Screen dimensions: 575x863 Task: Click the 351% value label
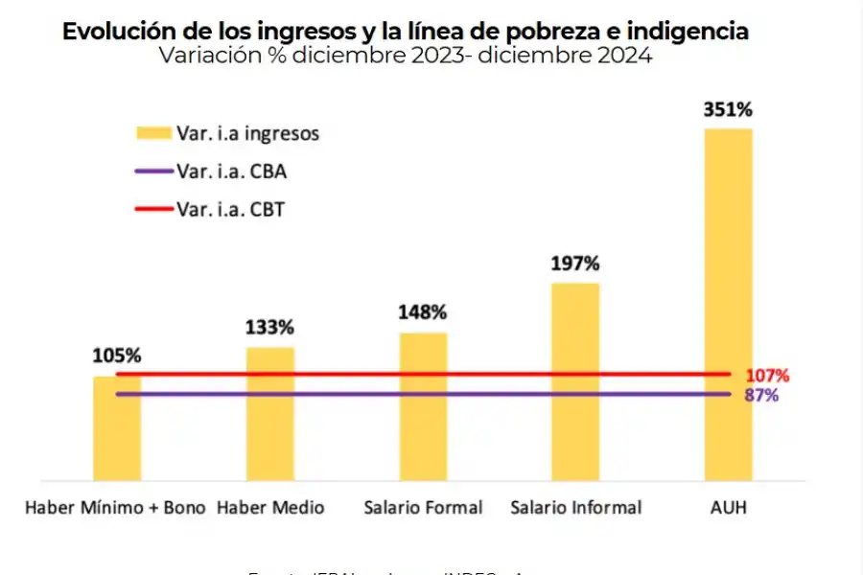click(728, 110)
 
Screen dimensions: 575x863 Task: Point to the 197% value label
click(575, 264)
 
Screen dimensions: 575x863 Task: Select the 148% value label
click(423, 312)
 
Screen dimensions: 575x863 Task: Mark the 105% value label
click(117, 356)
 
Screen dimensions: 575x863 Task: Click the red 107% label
click(766, 375)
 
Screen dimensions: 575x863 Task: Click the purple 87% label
click(761, 395)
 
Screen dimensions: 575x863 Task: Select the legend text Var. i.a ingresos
click(247, 133)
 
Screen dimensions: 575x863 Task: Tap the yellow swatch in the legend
click(152, 133)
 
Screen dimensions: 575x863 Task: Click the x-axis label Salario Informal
click(575, 507)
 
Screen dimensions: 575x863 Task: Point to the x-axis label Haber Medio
click(270, 507)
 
